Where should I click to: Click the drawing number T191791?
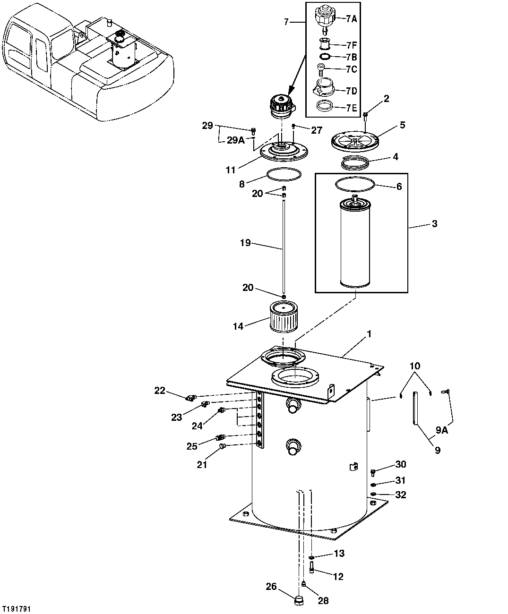click(x=17, y=609)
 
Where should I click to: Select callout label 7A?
click(x=351, y=19)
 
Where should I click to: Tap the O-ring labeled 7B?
click(x=324, y=57)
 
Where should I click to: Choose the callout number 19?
click(x=245, y=244)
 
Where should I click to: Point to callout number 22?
click(x=160, y=390)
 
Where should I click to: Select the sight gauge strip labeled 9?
click(x=415, y=409)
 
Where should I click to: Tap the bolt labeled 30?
click(x=373, y=471)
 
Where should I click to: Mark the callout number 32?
click(x=401, y=495)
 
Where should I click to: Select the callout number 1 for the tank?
click(x=370, y=334)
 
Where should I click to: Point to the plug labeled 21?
click(x=223, y=446)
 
